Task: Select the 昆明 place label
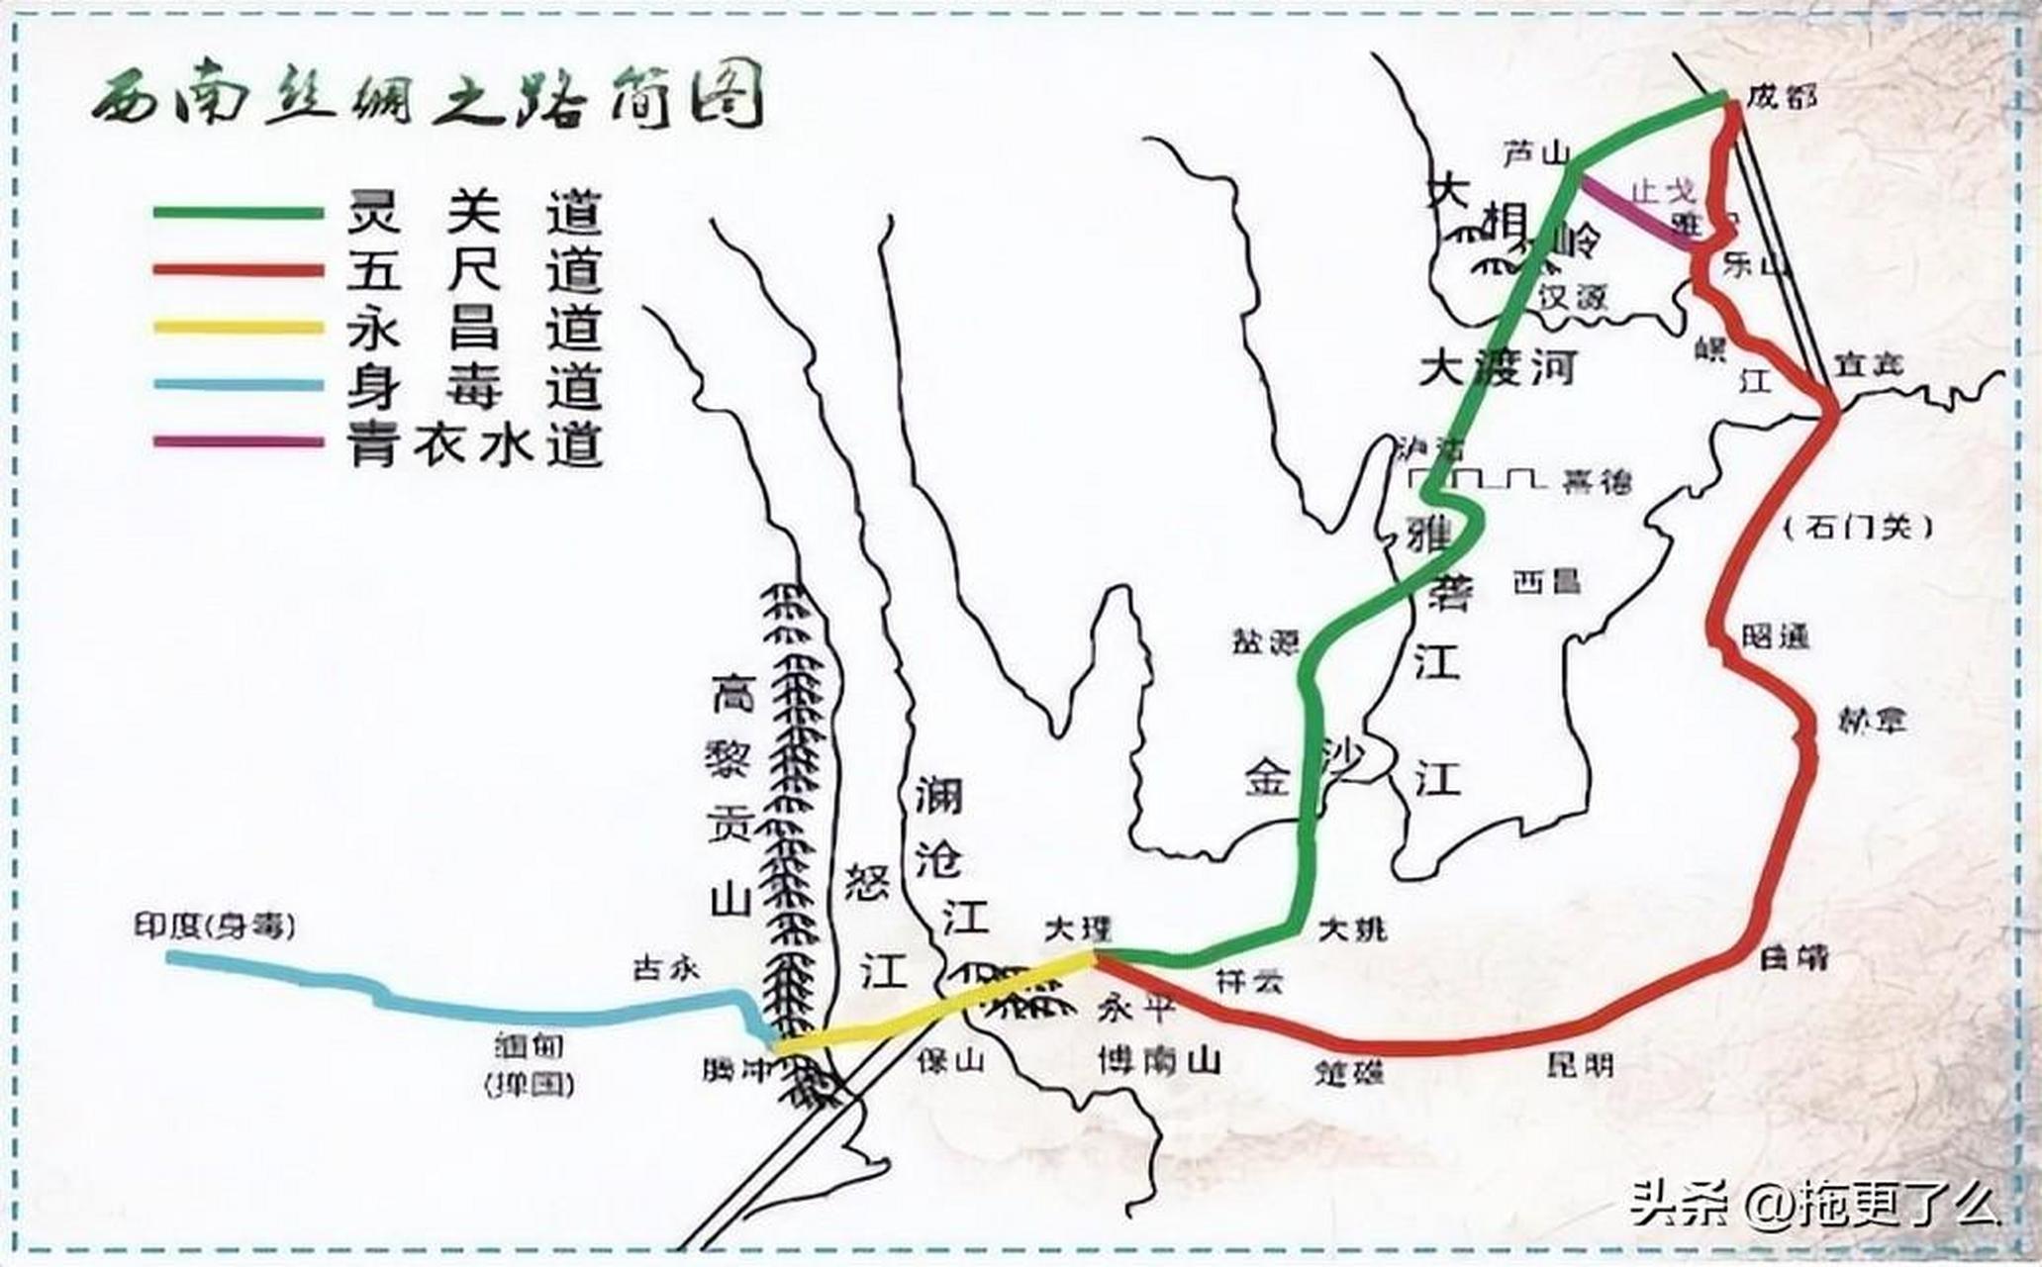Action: coord(1581,1064)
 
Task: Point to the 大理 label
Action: coord(1078,929)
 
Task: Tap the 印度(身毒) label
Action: coord(215,926)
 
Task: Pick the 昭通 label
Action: coord(1776,636)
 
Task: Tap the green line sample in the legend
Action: coord(239,213)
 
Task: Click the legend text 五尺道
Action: coord(475,270)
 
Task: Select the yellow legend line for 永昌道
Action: coord(239,328)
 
